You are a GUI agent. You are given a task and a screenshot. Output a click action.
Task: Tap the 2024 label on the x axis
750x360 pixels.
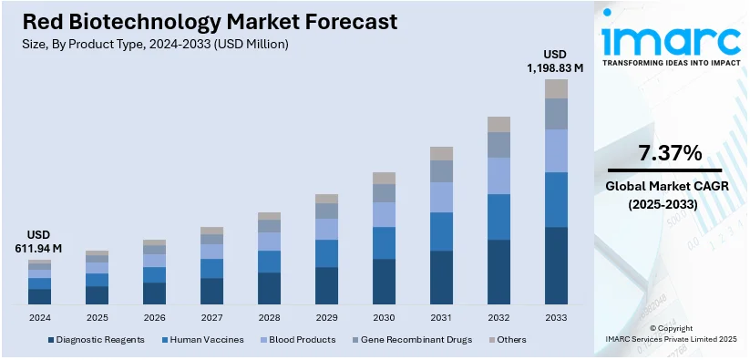39,318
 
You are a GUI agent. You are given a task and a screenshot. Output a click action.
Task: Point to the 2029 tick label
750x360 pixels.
326,318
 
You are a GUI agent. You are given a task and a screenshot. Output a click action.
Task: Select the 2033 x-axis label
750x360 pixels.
556,318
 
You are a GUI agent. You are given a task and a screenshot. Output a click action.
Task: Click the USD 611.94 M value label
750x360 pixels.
39,241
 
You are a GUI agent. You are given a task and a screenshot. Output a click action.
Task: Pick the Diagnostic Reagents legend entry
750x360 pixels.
96,340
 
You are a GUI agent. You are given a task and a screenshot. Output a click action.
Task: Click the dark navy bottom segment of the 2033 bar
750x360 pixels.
556,265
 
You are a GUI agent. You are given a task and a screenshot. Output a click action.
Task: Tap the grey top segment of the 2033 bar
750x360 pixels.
556,88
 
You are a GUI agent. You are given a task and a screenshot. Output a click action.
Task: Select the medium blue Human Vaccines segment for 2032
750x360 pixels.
498,217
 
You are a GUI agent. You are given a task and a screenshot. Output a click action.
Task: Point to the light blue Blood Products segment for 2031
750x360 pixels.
441,197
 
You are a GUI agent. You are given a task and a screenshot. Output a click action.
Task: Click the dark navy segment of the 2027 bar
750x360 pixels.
211,291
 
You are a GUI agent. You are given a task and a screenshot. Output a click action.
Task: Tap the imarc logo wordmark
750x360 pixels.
671,41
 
